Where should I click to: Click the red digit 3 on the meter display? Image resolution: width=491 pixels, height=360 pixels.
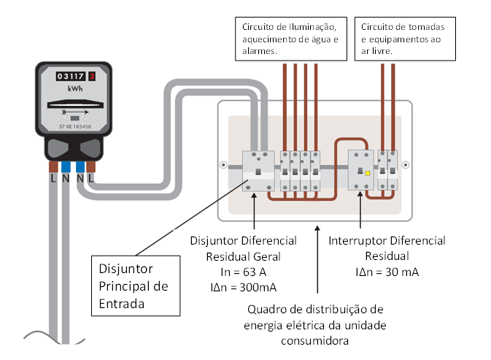click(91, 76)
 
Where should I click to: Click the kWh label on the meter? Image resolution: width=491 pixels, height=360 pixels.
click(74, 88)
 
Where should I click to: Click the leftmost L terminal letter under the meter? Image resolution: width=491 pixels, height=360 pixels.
click(53, 177)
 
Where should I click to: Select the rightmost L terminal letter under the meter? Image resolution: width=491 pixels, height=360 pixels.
click(91, 177)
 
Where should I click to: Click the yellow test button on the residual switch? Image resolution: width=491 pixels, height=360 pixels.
click(368, 173)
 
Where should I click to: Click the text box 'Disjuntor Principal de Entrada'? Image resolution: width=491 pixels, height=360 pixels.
click(136, 285)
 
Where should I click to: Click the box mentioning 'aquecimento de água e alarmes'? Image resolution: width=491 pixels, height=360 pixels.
click(290, 39)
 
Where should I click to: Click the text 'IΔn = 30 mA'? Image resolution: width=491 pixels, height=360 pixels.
click(387, 272)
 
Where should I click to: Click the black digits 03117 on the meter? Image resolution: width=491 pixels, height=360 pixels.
click(71, 76)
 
